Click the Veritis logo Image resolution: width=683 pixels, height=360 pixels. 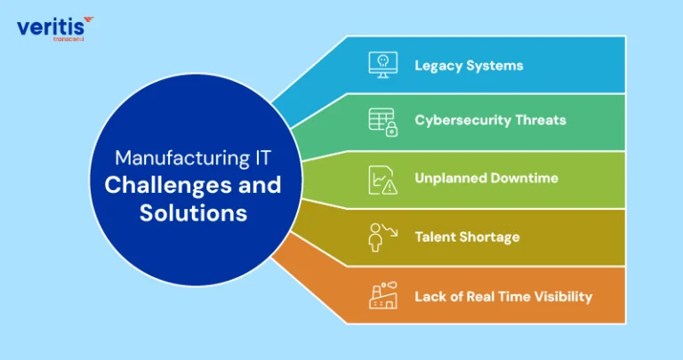(x=55, y=28)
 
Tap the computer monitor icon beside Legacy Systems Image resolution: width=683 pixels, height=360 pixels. (x=383, y=65)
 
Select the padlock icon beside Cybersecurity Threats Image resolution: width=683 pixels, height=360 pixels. (x=391, y=129)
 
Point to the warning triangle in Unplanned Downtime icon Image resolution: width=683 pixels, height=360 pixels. (x=390, y=188)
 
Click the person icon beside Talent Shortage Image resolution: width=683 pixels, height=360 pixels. (x=375, y=237)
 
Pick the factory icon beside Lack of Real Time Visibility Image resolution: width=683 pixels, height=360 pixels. (x=383, y=296)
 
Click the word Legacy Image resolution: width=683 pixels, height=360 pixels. (x=438, y=66)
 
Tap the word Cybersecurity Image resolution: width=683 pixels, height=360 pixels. (x=462, y=121)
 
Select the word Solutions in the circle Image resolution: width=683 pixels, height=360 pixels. (x=193, y=212)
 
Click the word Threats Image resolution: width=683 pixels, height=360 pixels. (x=541, y=120)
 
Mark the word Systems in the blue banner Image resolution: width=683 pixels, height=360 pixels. (x=494, y=66)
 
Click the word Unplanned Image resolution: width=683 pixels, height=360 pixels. (x=451, y=179)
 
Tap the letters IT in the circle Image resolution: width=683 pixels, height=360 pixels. (x=261, y=158)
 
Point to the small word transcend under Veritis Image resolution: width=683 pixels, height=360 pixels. (x=68, y=39)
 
